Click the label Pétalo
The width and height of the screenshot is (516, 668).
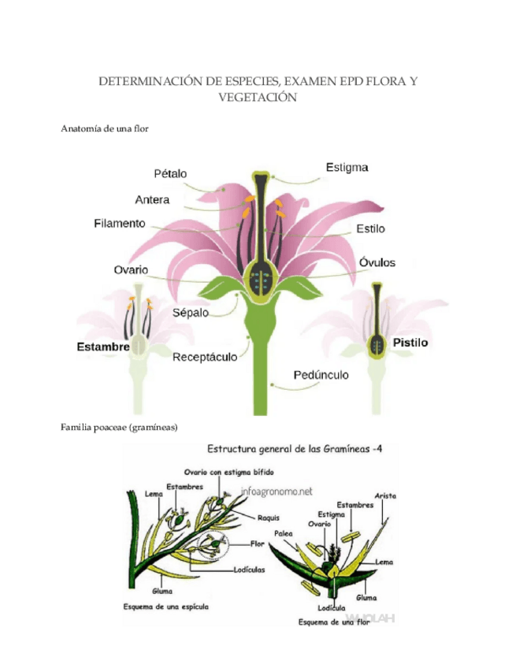pyautogui.click(x=170, y=173)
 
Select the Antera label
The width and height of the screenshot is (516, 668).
pyautogui.click(x=152, y=199)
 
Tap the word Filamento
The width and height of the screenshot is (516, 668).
pyautogui.click(x=119, y=224)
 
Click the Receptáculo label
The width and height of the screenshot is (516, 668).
pyautogui.click(x=205, y=357)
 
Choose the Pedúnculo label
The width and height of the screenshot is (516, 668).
pyautogui.click(x=321, y=375)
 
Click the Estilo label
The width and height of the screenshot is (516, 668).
pyautogui.click(x=370, y=229)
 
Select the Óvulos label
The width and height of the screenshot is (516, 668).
pyautogui.click(x=377, y=262)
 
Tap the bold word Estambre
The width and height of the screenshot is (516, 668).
pyautogui.click(x=103, y=347)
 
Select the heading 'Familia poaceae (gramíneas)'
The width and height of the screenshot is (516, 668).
pyautogui.click(x=119, y=427)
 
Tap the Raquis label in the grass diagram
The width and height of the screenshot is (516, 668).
pyautogui.click(x=268, y=518)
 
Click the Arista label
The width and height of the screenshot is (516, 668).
pyautogui.click(x=385, y=496)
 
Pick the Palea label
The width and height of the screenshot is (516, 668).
pyautogui.click(x=284, y=533)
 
